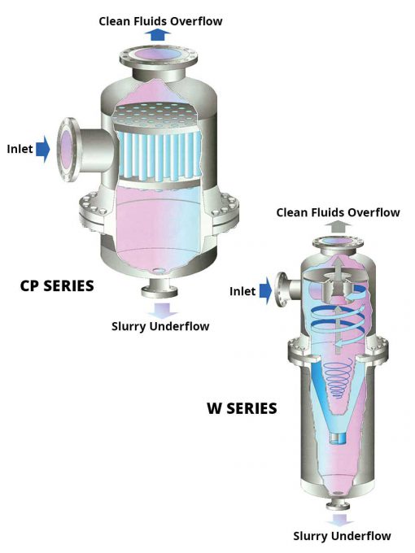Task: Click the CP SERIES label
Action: tap(57, 285)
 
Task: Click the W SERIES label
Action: tap(242, 408)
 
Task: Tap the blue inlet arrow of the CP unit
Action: tap(43, 149)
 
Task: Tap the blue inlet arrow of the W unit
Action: tap(265, 291)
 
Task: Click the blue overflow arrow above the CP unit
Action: tap(158, 35)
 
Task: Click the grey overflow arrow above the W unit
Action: tap(338, 226)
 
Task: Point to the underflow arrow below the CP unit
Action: tap(162, 311)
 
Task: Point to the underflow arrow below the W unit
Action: tap(340, 520)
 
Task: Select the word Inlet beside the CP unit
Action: tap(20, 149)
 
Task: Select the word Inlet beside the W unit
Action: tap(242, 291)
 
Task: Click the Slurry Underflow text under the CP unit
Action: tap(160, 326)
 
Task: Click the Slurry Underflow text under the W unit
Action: tap(342, 536)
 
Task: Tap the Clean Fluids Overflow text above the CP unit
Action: tap(160, 21)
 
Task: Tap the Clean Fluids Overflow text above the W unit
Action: tap(338, 213)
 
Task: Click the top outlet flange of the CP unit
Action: tap(159, 58)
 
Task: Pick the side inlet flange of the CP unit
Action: tap(68, 150)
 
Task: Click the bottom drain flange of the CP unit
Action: tap(159, 291)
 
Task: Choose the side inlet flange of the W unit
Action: tap(282, 290)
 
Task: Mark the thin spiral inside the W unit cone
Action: tap(338, 378)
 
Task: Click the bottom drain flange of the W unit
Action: tap(338, 506)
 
